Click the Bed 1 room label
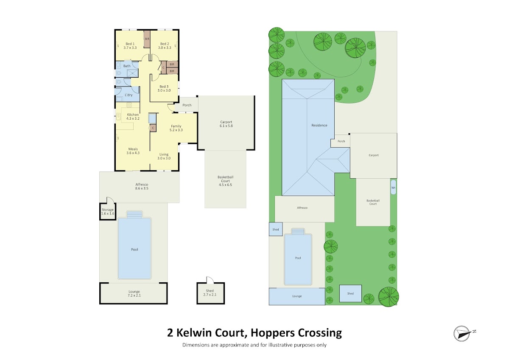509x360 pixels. pyautogui.click(x=130, y=44)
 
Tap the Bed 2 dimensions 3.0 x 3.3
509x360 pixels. pyautogui.click(x=165, y=48)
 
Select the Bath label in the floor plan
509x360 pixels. pyautogui.click(x=127, y=66)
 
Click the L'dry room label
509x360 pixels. pyautogui.click(x=129, y=95)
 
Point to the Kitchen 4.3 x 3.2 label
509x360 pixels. pyautogui.click(x=133, y=116)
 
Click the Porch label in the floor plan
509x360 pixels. pyautogui.click(x=187, y=105)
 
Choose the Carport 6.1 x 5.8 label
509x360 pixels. pyautogui.click(x=226, y=124)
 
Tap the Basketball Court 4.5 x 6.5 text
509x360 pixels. pyautogui.click(x=225, y=181)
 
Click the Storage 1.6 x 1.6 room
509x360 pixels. pyautogui.click(x=108, y=212)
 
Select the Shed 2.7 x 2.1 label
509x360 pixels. pyautogui.click(x=210, y=292)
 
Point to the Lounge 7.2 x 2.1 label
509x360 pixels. pyautogui.click(x=134, y=293)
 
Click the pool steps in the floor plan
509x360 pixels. pyautogui.click(x=134, y=214)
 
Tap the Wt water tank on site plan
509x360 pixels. pyautogui.click(x=393, y=187)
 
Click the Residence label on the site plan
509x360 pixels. pyautogui.click(x=319, y=125)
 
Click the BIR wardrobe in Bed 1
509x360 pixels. pyautogui.click(x=147, y=39)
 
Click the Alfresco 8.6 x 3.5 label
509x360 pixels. pyautogui.click(x=142, y=186)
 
